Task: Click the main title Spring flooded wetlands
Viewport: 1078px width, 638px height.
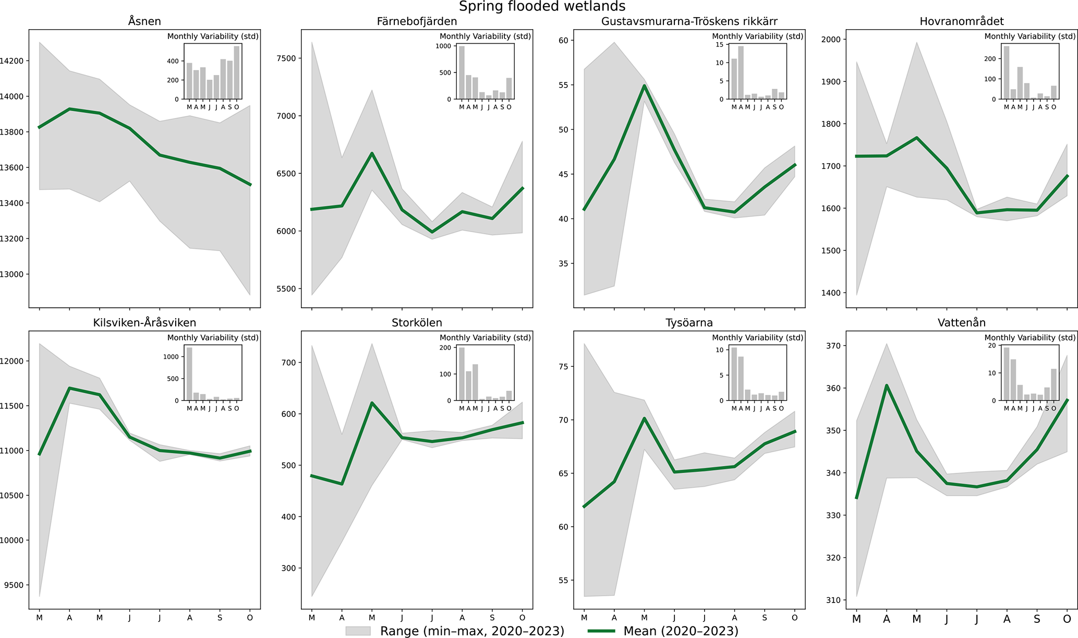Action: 542,7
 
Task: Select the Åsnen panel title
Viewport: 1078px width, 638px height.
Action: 144,21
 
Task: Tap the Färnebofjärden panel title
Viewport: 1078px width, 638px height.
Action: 417,21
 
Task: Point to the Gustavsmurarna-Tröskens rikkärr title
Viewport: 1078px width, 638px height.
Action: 689,21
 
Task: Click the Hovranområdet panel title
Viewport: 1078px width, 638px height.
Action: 961,21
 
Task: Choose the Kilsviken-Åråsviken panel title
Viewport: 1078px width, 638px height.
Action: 144,323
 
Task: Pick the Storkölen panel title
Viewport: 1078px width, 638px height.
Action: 417,323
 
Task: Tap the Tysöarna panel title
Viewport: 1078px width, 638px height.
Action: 689,323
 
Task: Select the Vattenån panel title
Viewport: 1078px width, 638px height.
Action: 961,323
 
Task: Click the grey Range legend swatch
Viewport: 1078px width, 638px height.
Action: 358,631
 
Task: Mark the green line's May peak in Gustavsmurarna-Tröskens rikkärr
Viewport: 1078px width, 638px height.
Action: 645,86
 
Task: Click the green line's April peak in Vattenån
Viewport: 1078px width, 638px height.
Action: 887,386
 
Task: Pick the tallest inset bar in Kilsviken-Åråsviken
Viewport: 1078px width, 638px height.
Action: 189,374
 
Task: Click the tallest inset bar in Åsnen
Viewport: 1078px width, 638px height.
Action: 237,73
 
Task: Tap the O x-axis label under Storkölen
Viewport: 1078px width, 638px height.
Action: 523,618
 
